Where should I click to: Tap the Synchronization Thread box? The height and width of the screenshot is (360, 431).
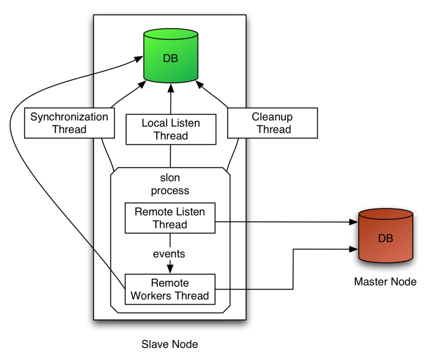click(x=69, y=123)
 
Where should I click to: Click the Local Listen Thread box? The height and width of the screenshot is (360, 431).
click(x=170, y=129)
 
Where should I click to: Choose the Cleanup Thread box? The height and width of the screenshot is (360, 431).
click(x=272, y=123)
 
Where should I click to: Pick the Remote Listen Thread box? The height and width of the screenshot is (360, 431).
click(x=169, y=218)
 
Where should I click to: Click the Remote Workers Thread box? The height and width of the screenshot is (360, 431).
click(x=169, y=289)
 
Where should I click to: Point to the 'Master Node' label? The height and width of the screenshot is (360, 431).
click(x=385, y=282)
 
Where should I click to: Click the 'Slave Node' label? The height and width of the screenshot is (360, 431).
click(x=169, y=345)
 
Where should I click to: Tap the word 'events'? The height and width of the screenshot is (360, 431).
click(x=169, y=254)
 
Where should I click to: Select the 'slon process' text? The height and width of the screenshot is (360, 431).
click(x=170, y=184)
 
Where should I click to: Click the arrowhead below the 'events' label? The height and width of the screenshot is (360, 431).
click(x=170, y=269)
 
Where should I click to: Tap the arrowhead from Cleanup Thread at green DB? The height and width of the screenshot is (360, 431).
click(x=200, y=85)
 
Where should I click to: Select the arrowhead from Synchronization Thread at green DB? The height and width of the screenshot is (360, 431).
click(x=141, y=85)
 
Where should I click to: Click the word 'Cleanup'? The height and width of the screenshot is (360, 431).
click(x=272, y=117)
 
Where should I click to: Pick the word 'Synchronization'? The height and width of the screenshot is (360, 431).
click(x=69, y=117)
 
